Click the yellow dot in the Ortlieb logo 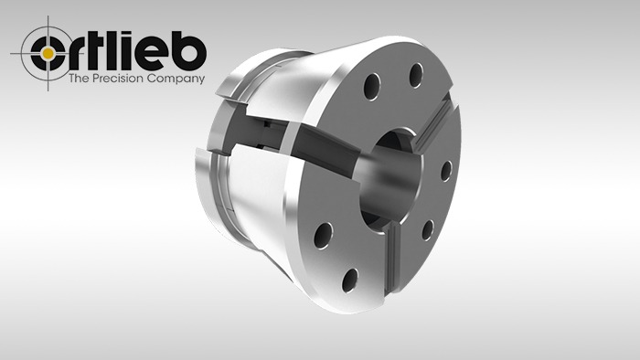pos(48,53)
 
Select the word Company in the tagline pos(176,79)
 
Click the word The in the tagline pos(79,78)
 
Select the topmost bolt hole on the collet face pos(415,75)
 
